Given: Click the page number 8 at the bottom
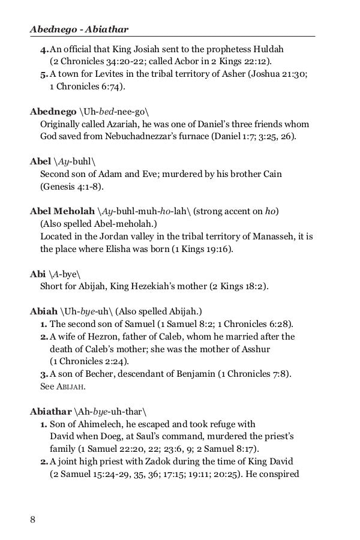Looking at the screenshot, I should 33,519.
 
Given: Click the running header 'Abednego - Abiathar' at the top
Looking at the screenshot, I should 79,28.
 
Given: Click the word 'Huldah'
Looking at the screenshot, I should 283,49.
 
